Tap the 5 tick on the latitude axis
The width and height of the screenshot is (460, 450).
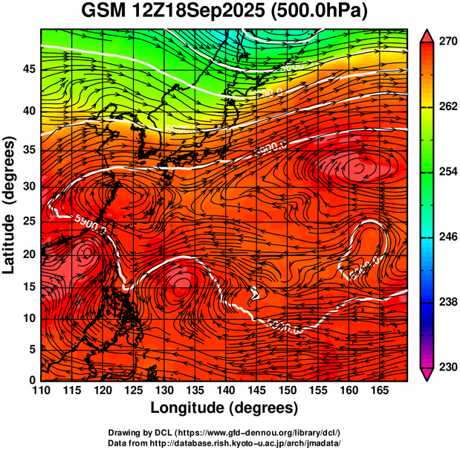(31, 349)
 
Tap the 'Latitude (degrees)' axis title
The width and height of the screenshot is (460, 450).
(10, 205)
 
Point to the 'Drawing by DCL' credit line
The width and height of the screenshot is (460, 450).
(224, 432)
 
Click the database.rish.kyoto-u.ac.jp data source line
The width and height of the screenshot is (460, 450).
(224, 443)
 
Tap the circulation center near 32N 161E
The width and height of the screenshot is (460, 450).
(358, 168)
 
